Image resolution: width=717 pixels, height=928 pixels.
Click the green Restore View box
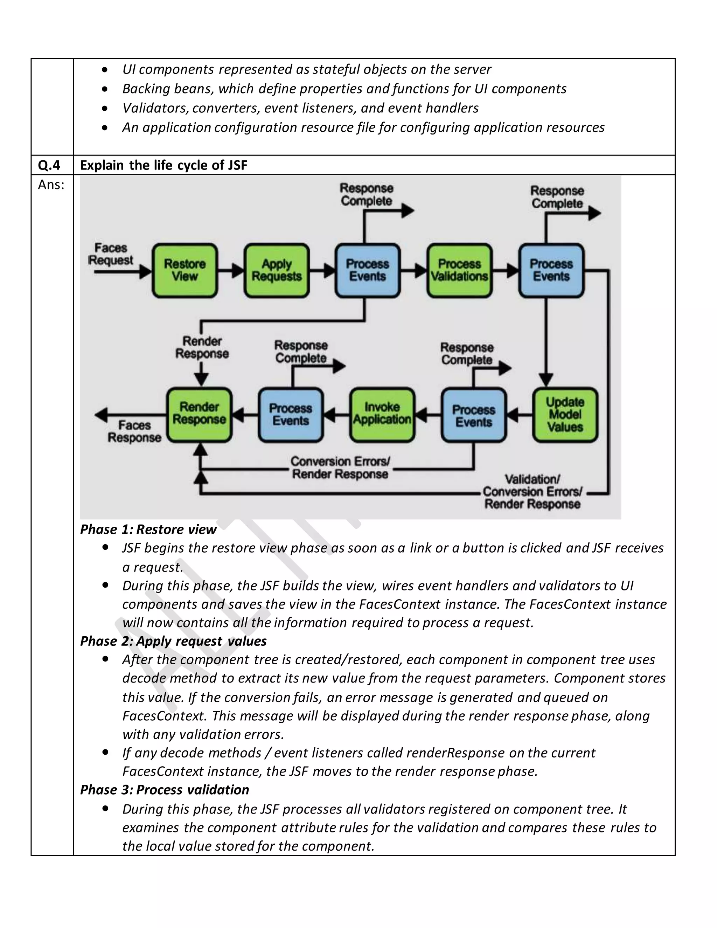point(185,270)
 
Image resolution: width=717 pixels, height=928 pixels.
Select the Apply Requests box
point(277,270)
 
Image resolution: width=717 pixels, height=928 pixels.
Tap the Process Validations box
point(459,270)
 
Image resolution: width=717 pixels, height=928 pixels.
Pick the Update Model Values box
point(565,415)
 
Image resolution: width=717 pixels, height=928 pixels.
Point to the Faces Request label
point(110,254)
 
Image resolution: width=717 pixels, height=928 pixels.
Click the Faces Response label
point(134,431)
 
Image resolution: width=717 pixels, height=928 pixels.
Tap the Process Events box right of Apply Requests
point(367,270)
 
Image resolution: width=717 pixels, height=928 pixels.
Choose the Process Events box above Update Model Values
point(551,270)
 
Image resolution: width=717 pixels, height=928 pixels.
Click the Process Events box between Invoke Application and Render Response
point(291,415)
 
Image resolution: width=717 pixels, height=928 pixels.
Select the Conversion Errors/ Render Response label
point(340,468)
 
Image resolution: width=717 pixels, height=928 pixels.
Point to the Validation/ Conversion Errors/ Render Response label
point(532,492)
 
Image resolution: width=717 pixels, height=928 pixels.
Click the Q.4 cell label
point(49,165)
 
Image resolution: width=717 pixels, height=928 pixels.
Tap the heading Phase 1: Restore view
point(148,529)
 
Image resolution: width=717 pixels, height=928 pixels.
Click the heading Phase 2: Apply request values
point(173,641)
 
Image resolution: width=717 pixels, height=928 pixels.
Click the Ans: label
point(51,185)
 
